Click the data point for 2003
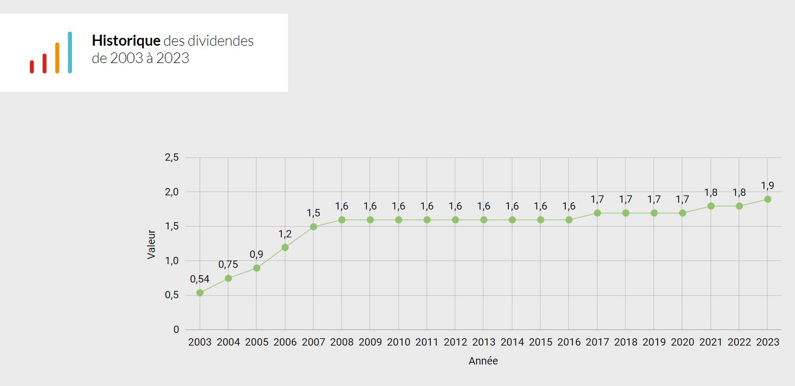(x=200, y=293)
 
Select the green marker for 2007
(x=313, y=227)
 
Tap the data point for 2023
(x=767, y=199)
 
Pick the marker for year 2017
(x=597, y=213)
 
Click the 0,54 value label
(x=200, y=279)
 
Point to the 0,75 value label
(x=228, y=264)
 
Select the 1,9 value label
(x=767, y=185)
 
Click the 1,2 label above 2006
(x=285, y=234)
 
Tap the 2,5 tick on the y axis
(x=172, y=158)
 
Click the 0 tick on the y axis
(x=176, y=330)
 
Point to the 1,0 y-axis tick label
(x=172, y=261)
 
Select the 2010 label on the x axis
(x=398, y=342)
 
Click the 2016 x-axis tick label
(x=569, y=342)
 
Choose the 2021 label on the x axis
(x=711, y=342)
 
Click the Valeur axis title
(x=152, y=244)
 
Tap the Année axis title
(x=483, y=361)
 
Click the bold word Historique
(x=126, y=41)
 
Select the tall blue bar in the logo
(x=70, y=53)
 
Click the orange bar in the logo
(x=57, y=58)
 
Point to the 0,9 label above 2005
(x=257, y=254)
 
